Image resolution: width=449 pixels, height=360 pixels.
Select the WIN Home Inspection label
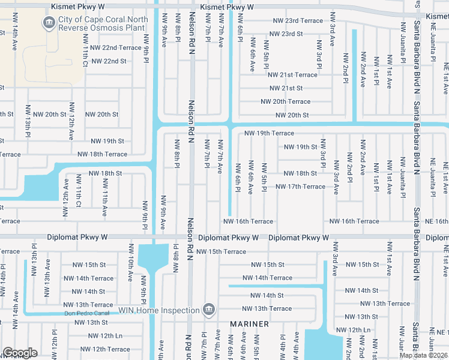[158, 310]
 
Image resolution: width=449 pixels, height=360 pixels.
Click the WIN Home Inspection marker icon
[208, 310]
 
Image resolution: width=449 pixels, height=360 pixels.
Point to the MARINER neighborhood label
[250, 324]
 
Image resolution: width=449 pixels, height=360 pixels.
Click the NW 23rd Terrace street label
[298, 20]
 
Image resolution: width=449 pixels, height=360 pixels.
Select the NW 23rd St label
[285, 34]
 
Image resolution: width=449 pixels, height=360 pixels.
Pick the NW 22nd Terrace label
[113, 47]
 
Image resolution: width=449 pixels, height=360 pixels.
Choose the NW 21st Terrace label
[292, 75]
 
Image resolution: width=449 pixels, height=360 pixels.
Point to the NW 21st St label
[285, 88]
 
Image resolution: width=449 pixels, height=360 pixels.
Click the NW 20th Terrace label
[285, 102]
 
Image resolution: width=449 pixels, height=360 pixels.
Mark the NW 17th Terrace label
[300, 187]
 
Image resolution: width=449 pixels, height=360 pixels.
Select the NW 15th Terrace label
[221, 251]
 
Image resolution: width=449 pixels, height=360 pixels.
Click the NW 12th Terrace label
[102, 349]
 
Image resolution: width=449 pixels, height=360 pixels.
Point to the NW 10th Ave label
[130, 268]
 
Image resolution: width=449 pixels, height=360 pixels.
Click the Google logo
[20, 353]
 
